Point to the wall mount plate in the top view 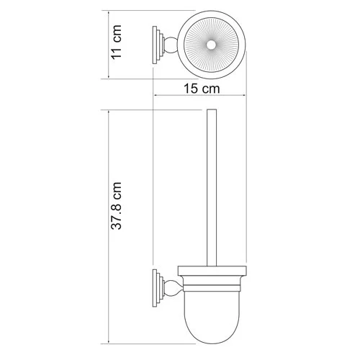tap(156, 45)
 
